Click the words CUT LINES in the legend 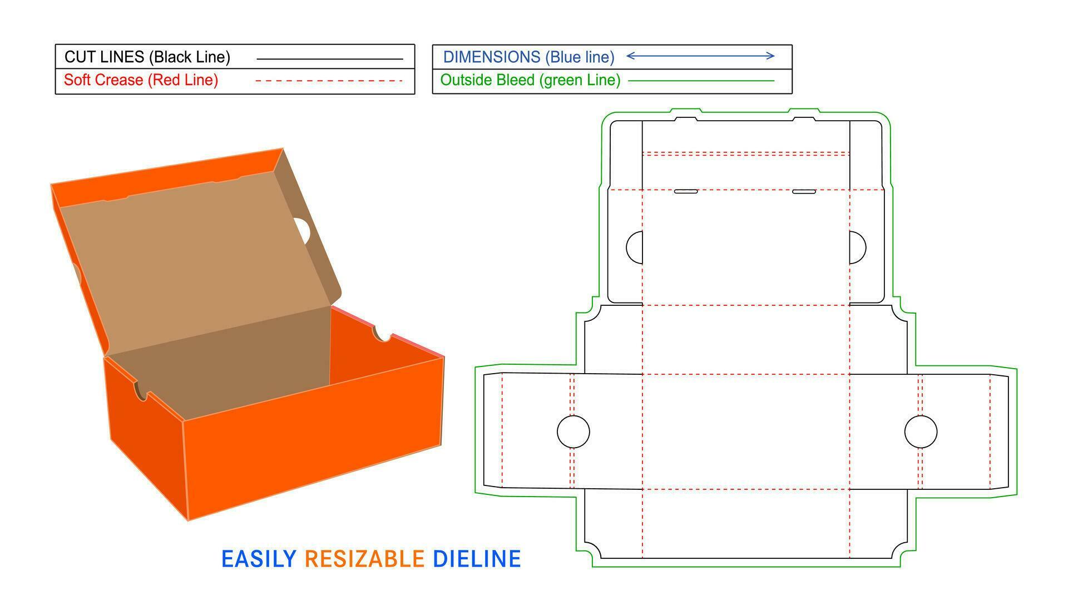[x=105, y=57]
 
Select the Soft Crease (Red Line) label [x=141, y=80]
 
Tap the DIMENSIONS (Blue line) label [x=528, y=57]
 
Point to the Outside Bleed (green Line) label [x=530, y=80]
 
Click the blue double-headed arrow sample [x=700, y=56]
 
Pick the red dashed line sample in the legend [x=329, y=81]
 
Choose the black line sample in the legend [x=329, y=58]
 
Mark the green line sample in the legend [x=701, y=81]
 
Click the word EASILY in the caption [x=259, y=559]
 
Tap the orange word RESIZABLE [x=364, y=559]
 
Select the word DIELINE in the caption [x=477, y=559]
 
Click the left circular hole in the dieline [x=573, y=432]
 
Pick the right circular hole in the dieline [x=921, y=432]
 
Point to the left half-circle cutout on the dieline [x=635, y=247]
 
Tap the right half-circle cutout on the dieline [x=857, y=247]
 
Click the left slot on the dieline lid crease [x=686, y=191]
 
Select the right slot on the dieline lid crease [x=804, y=191]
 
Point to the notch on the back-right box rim [x=382, y=334]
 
